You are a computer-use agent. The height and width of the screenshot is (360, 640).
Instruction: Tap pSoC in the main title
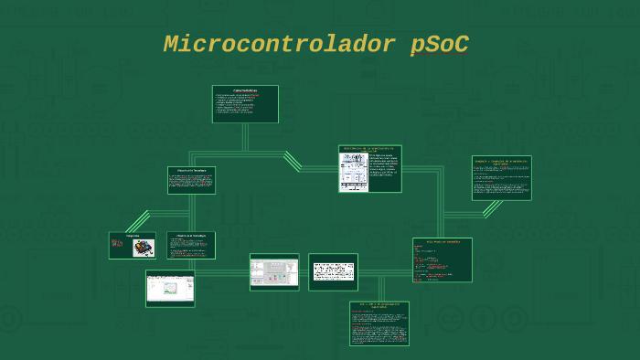pyautogui.click(x=439, y=44)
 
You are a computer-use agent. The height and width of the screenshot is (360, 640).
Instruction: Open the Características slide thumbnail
pyautogui.click(x=245, y=104)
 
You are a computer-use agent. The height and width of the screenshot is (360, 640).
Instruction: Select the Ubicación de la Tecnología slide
pyautogui.click(x=191, y=180)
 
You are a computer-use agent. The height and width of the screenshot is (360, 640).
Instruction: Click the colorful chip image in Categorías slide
pyautogui.click(x=144, y=248)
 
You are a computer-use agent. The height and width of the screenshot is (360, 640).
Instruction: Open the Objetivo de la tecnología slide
pyautogui.click(x=191, y=245)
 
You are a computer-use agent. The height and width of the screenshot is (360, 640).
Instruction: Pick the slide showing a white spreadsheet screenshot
pyautogui.click(x=170, y=288)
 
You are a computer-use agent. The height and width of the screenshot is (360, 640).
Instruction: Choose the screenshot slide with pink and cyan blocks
pyautogui.click(x=274, y=271)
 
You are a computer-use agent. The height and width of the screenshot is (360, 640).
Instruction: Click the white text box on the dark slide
pyautogui.click(x=333, y=271)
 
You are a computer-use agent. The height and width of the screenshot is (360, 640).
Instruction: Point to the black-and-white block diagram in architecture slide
pyautogui.click(x=353, y=172)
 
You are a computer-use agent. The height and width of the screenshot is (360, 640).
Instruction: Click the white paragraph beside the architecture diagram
pyautogui.click(x=384, y=171)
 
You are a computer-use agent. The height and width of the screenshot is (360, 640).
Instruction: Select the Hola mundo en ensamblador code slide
pyautogui.click(x=443, y=260)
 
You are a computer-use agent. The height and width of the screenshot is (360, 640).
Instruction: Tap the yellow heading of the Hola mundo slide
pyautogui.click(x=443, y=242)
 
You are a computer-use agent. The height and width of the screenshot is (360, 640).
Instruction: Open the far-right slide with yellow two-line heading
pyautogui.click(x=501, y=177)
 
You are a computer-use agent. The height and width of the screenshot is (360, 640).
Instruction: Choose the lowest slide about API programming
pyautogui.click(x=379, y=323)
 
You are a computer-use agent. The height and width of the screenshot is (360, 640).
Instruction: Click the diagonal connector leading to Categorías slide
pyautogui.click(x=138, y=220)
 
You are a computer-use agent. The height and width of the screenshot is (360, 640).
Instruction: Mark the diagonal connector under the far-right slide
pyautogui.click(x=492, y=207)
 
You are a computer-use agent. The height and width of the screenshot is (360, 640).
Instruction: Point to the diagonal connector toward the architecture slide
pyautogui.click(x=293, y=161)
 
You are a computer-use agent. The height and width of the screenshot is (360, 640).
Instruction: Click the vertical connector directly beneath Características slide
pyautogui.click(x=245, y=137)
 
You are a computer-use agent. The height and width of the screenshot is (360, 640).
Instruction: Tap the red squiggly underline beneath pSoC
pyautogui.click(x=439, y=55)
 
